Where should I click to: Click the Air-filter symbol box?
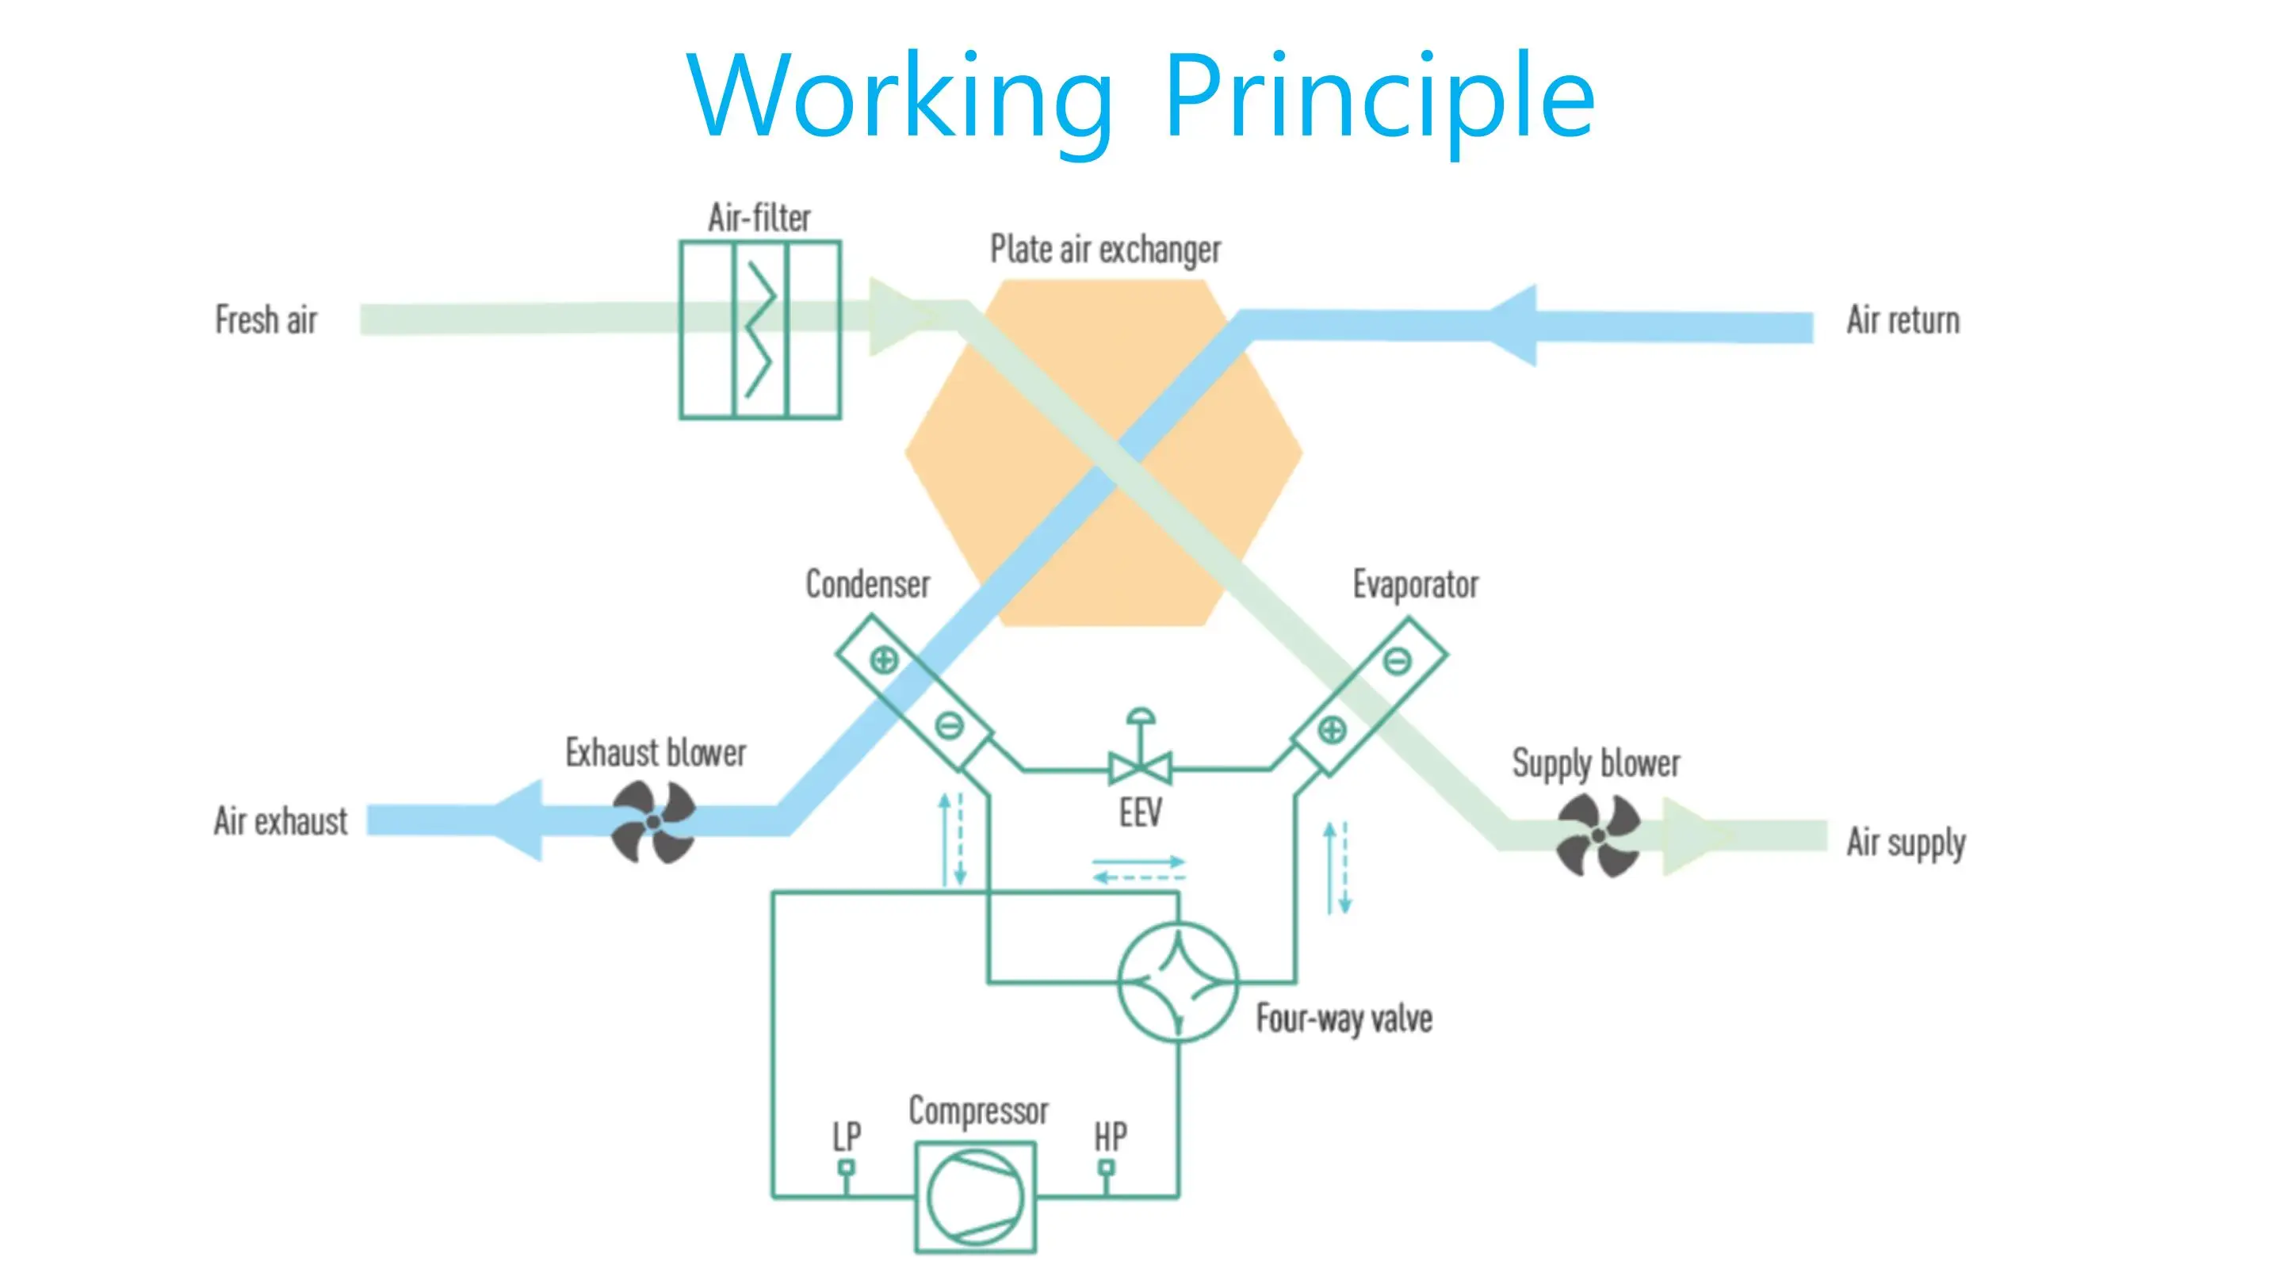click(759, 330)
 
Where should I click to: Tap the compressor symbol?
click(976, 1197)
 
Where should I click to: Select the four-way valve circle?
click(1178, 982)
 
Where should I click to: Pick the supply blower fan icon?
click(1599, 835)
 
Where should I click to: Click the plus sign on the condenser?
click(884, 660)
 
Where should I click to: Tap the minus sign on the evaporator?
click(1398, 660)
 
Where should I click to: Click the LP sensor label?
click(847, 1137)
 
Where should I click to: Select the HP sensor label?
click(1111, 1137)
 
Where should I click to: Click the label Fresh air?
click(266, 320)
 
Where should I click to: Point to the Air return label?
click(1902, 320)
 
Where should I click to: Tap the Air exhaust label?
click(280, 821)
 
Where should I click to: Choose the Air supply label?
click(1906, 843)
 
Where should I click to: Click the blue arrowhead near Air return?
click(1510, 325)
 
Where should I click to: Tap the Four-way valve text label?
click(1344, 1020)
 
